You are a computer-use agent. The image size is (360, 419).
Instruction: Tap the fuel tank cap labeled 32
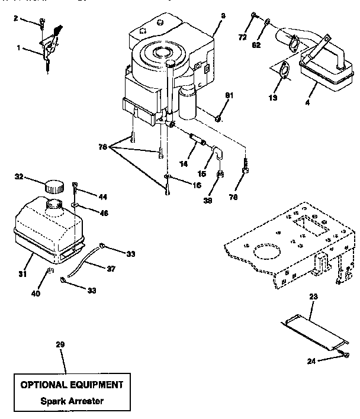(x=54, y=186)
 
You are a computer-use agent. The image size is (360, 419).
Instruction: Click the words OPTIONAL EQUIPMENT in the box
(x=72, y=384)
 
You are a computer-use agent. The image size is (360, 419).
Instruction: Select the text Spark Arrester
(x=72, y=401)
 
